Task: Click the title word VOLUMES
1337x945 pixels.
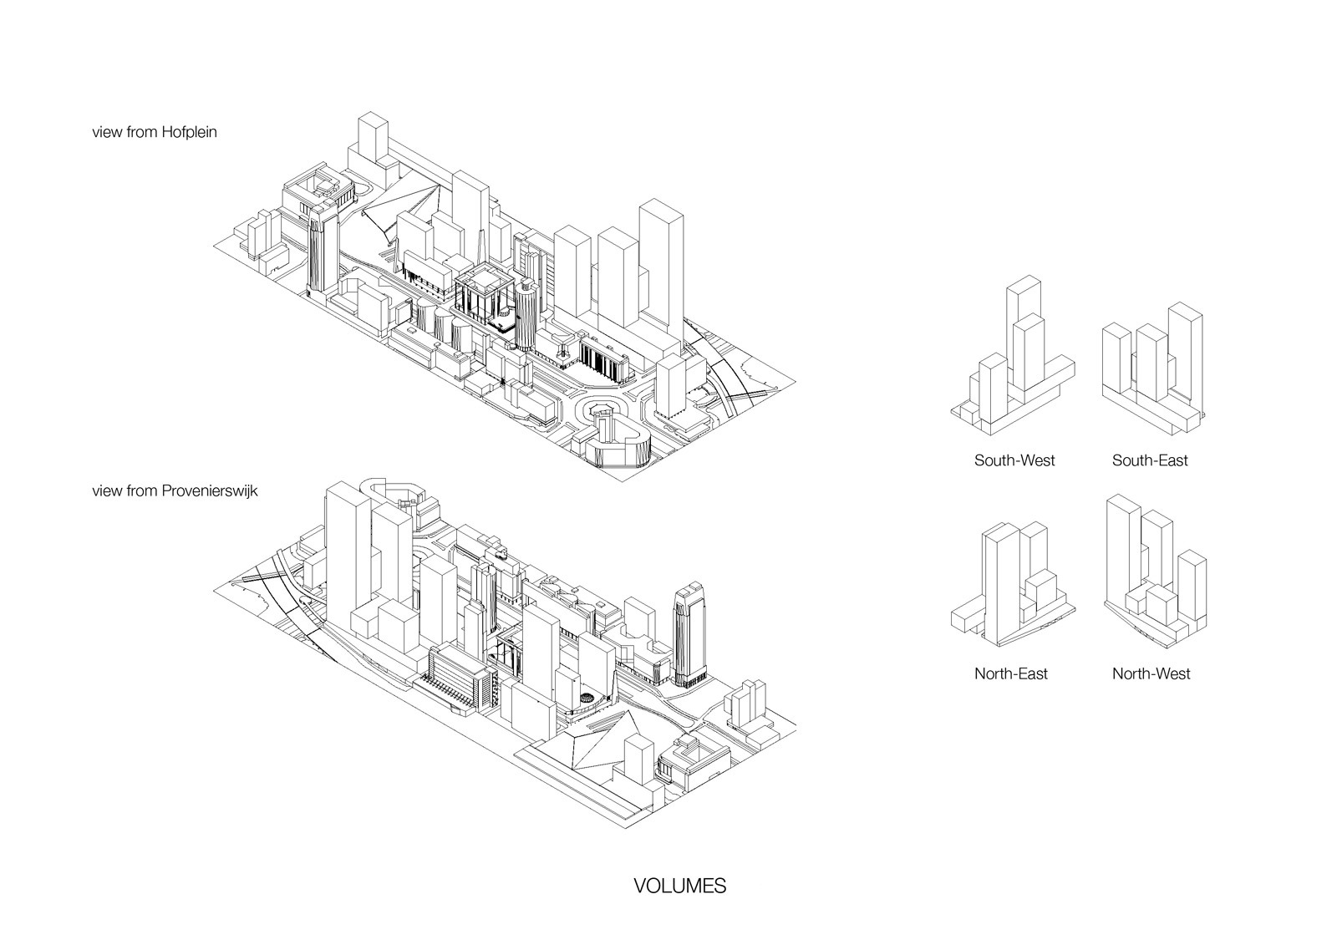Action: [x=679, y=887]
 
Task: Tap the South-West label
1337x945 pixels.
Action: [x=1014, y=460]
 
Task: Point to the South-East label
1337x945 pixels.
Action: [x=1149, y=460]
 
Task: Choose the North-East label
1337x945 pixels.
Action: [x=1010, y=673]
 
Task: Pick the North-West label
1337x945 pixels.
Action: [x=1151, y=673]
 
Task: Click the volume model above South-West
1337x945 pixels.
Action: [x=1013, y=359]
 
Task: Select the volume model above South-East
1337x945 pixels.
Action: [x=1153, y=368]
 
